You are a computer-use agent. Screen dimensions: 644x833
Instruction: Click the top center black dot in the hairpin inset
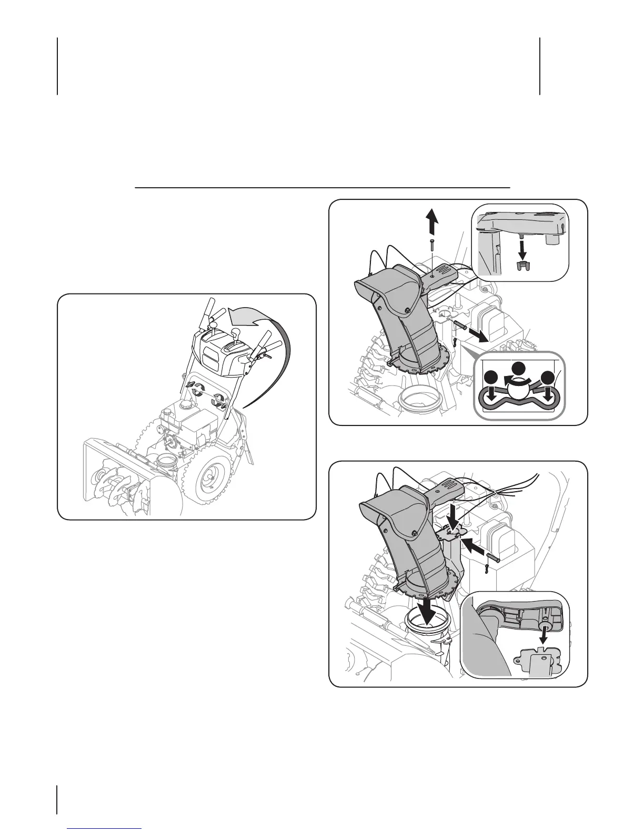(520, 369)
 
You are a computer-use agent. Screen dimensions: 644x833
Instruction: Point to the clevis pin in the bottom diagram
(492, 553)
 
